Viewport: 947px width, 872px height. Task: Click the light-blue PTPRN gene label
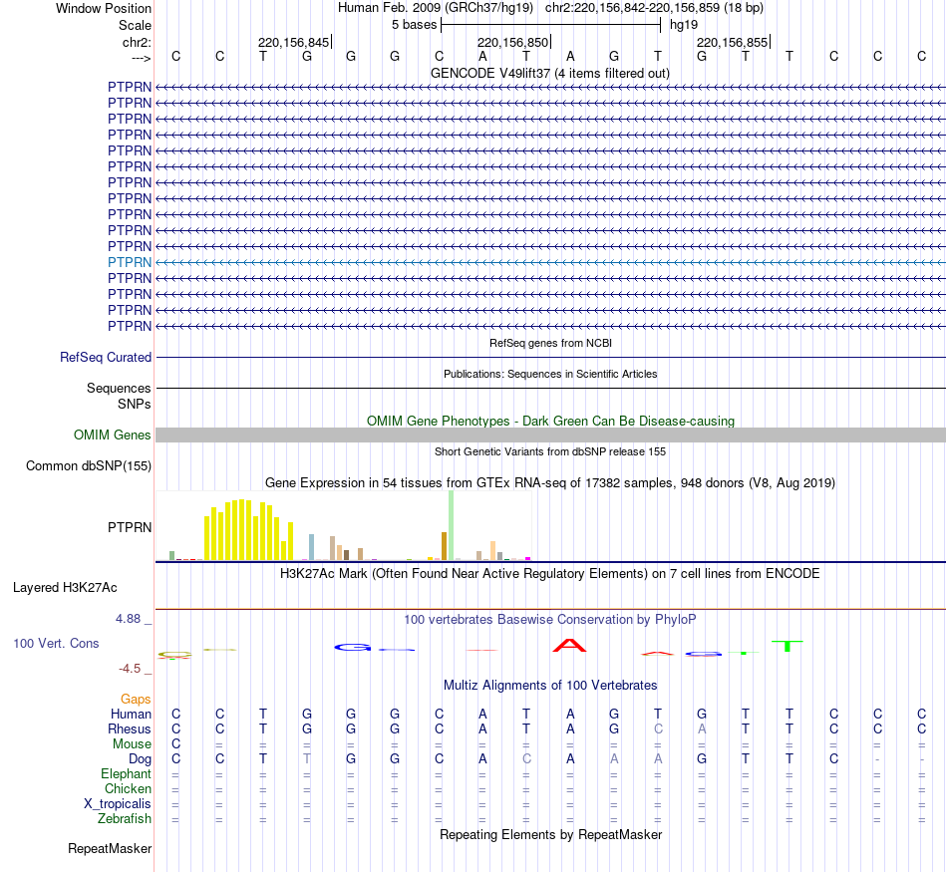point(130,262)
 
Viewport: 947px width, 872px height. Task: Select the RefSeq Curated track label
point(106,357)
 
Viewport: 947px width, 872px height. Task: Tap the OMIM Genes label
point(113,436)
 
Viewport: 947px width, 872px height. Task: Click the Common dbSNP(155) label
point(89,466)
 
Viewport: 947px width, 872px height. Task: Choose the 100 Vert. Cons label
point(56,644)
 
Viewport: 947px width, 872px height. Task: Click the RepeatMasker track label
point(110,849)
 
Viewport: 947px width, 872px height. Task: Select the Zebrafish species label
point(125,819)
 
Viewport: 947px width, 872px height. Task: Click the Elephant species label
point(126,774)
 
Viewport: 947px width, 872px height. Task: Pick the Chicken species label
point(128,789)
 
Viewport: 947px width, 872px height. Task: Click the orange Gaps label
point(136,700)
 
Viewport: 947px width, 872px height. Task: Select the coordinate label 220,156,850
point(512,42)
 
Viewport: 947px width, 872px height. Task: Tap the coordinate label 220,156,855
point(732,42)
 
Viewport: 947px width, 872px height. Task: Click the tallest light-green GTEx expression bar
point(451,525)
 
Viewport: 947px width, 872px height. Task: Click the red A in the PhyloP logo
point(570,646)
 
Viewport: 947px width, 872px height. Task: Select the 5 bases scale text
point(414,24)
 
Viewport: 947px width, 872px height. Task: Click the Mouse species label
point(133,744)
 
